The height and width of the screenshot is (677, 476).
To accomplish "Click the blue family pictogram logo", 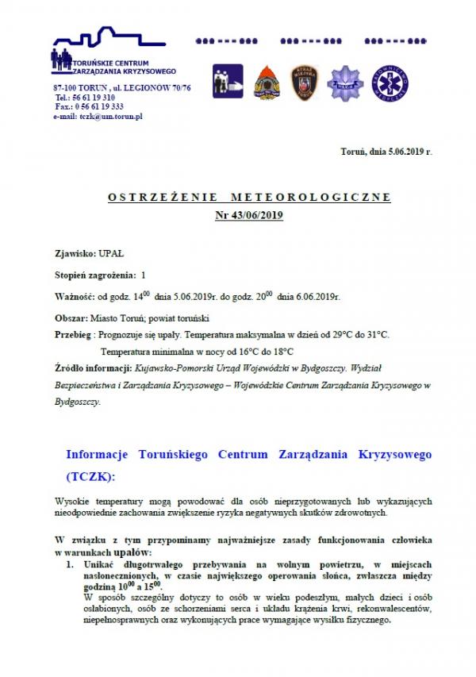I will (x=227, y=81).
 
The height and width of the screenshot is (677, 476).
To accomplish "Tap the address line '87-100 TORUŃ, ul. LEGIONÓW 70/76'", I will (x=122, y=86).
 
